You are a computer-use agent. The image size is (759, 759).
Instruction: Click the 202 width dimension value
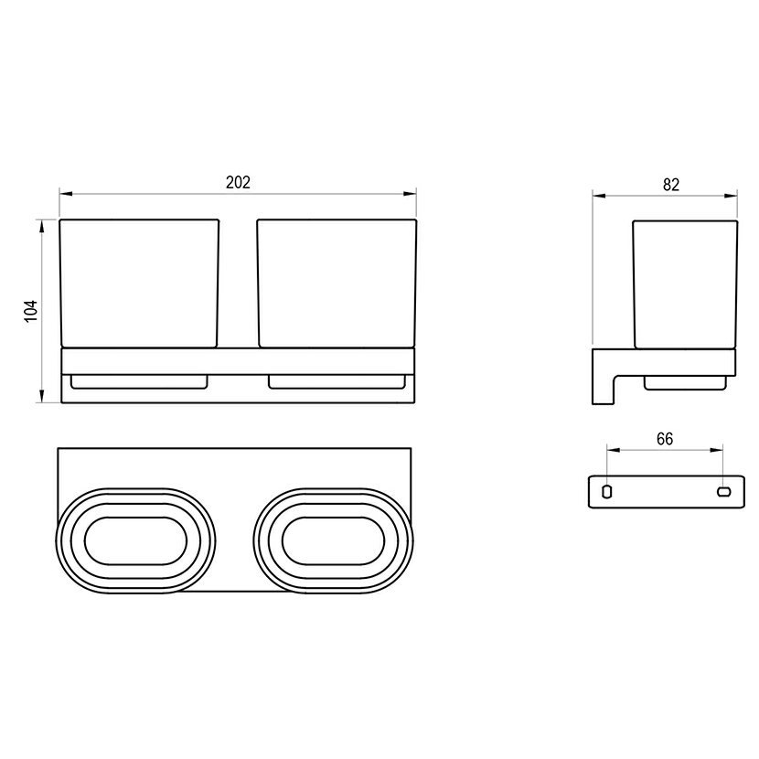238,183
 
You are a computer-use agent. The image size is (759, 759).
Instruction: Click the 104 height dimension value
31,311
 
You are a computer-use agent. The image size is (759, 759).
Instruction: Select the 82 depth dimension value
671,185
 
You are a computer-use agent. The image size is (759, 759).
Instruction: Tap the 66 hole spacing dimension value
665,439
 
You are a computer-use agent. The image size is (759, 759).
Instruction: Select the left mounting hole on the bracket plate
606,492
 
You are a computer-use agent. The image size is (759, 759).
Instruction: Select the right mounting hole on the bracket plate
723,492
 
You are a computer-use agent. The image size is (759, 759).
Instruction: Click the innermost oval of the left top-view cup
136,517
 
